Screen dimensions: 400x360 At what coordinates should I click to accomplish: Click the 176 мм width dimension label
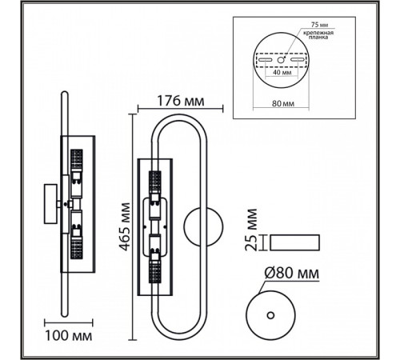click(181, 101)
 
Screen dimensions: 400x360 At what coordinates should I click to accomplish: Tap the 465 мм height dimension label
click(125, 227)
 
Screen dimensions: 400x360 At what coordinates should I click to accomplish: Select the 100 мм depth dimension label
click(69, 336)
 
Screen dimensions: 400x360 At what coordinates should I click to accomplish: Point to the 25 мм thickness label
click(251, 230)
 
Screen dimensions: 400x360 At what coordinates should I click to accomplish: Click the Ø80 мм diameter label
click(292, 273)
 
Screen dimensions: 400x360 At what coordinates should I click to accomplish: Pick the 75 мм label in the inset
click(319, 25)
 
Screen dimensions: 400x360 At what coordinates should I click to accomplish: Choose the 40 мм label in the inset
click(282, 72)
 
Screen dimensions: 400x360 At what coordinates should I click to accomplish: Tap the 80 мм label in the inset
click(283, 103)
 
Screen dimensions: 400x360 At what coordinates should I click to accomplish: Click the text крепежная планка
click(318, 35)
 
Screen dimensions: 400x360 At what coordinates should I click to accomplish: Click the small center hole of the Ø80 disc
click(270, 315)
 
